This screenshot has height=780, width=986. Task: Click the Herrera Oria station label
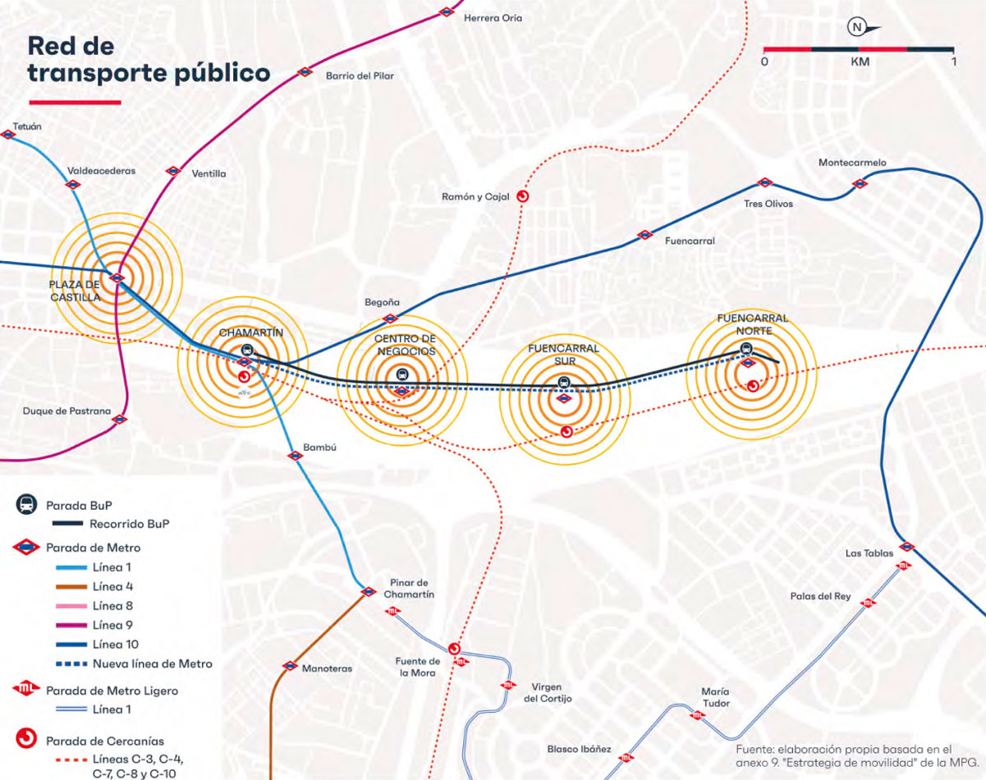pos(492,17)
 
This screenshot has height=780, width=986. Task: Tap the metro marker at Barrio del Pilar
pos(305,71)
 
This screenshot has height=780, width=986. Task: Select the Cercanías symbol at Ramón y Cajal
pos(521,196)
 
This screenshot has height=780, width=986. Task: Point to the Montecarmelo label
pos(852,163)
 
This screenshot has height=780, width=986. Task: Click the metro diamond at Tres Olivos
pos(764,183)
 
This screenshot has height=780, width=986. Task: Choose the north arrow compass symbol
pos(856,27)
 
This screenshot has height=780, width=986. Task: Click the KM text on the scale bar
pos(860,62)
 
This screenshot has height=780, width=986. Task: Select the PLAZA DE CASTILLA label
pos(75,291)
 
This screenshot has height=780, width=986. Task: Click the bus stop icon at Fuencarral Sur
pos(564,383)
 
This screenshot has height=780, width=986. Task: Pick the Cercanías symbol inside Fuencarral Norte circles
pos(752,385)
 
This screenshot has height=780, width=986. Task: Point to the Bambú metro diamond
pos(296,455)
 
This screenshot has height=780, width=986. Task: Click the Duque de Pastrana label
pos(66,411)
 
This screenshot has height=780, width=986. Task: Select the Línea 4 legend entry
pos(112,586)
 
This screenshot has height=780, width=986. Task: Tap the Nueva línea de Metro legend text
pos(152,663)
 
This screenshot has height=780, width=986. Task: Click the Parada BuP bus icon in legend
pos(26,505)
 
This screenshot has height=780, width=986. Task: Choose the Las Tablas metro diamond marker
pos(907,546)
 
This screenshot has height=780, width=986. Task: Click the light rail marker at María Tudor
pos(698,714)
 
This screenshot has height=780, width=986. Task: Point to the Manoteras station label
pos(327,668)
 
